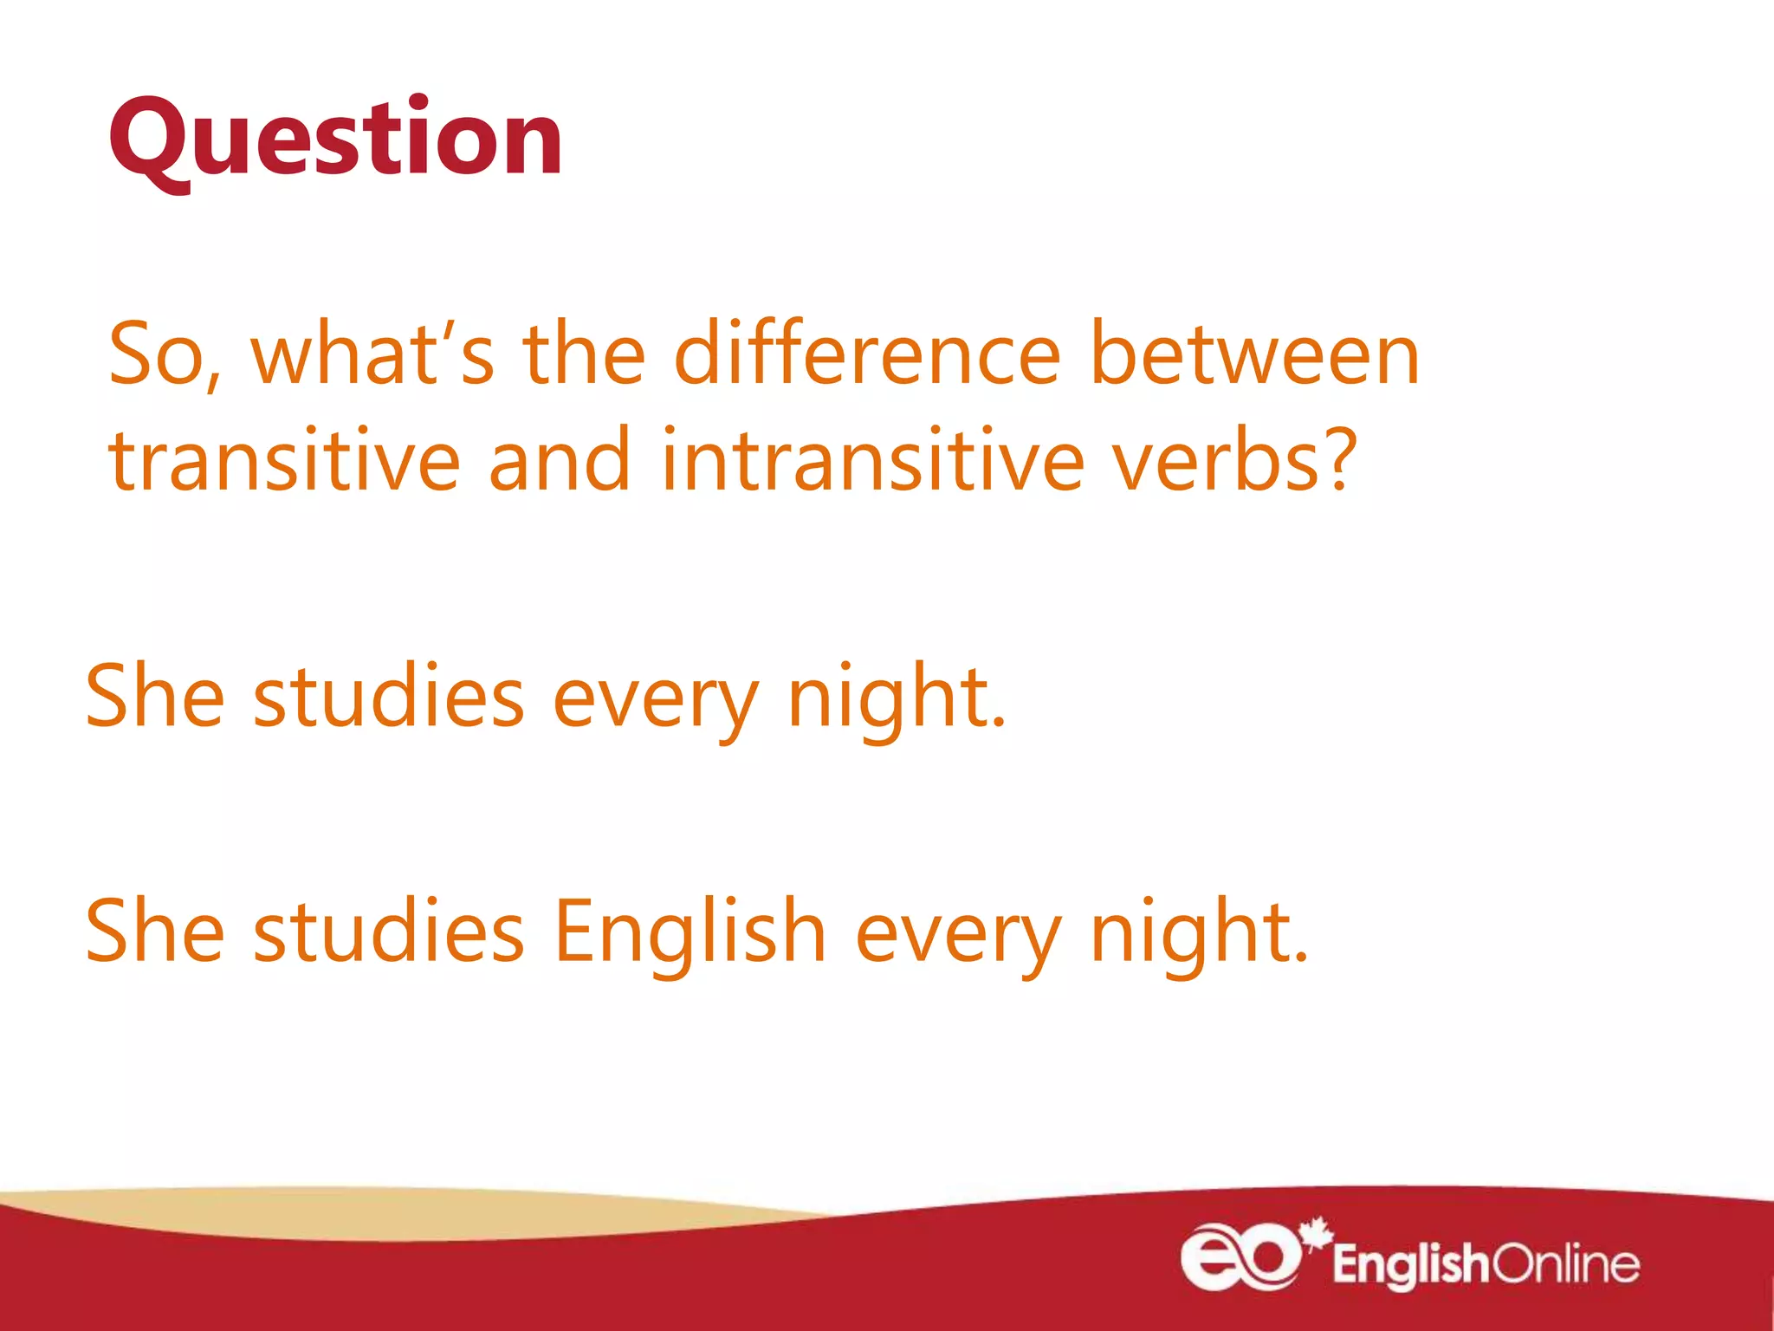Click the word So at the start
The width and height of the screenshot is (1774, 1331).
pos(164,355)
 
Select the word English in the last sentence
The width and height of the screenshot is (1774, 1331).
pos(690,932)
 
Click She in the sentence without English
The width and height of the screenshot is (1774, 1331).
pos(155,697)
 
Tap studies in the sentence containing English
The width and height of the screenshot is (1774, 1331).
pos(389,932)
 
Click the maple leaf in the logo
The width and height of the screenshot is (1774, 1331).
pos(1318,1234)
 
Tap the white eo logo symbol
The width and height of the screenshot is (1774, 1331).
pos(1240,1256)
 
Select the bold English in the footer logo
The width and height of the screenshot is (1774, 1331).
pos(1411,1265)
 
